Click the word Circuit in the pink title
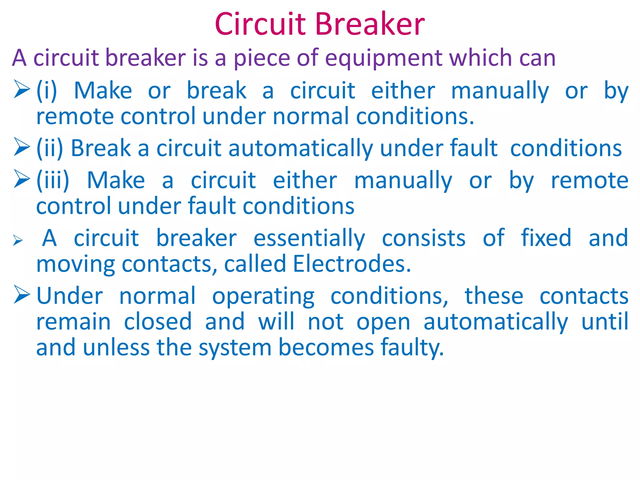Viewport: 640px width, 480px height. (260, 24)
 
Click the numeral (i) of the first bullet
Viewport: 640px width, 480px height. (47, 91)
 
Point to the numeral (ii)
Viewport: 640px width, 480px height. (50, 148)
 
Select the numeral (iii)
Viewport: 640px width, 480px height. (53, 181)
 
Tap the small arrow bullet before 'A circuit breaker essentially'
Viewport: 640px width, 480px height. (18, 240)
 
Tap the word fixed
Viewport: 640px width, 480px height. (546, 238)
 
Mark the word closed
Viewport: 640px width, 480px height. (158, 322)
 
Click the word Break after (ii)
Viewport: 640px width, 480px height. (101, 148)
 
